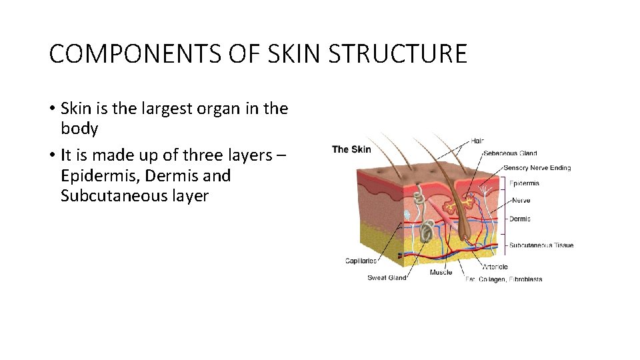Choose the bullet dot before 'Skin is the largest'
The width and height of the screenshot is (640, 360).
[x=52, y=109]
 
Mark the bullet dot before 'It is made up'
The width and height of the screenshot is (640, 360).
[x=52, y=156]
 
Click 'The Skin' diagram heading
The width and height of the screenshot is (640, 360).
[x=351, y=149]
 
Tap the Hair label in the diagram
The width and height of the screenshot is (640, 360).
[x=477, y=141]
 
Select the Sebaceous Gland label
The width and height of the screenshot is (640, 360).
[x=510, y=153]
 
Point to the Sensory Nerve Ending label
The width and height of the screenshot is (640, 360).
[x=537, y=168]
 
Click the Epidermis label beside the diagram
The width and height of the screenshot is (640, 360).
[x=524, y=183]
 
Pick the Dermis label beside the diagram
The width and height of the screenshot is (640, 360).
[x=519, y=219]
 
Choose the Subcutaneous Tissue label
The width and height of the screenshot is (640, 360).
[x=541, y=245]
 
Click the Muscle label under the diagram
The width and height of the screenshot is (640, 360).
[x=441, y=272]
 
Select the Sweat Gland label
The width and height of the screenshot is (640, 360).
[x=387, y=278]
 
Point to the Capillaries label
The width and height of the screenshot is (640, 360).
[x=361, y=261]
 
